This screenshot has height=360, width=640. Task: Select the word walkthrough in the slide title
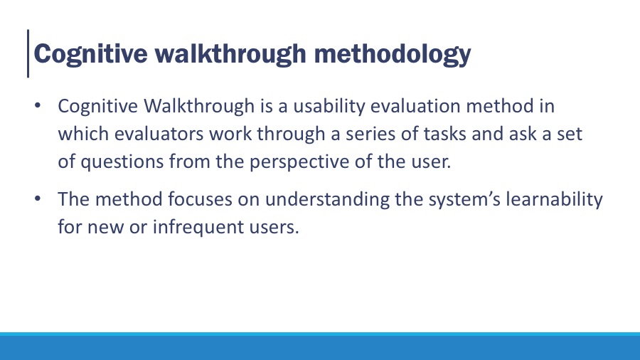point(230,54)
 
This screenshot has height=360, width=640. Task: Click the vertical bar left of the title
point(28,53)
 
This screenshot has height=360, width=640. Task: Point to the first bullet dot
point(38,106)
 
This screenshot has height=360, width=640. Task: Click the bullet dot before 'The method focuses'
point(38,198)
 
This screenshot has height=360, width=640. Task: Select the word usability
point(329,107)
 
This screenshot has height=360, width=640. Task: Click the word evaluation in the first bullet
point(415,106)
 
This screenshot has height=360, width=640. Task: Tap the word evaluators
point(159,134)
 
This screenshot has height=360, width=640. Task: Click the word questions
point(122,162)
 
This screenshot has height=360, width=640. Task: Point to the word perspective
point(299,162)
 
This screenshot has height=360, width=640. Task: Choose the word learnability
point(554,200)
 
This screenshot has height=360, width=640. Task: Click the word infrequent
point(198,228)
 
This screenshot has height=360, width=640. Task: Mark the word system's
point(464,200)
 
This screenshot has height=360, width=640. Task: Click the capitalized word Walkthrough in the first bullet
point(199,106)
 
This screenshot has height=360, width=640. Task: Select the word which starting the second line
point(83,134)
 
